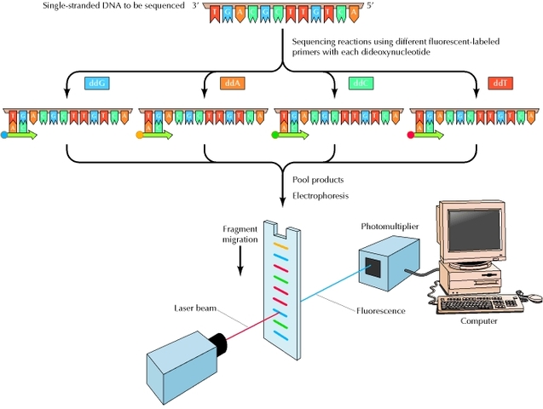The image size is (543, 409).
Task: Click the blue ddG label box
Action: pos(95,84)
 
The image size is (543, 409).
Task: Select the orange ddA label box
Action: pos(232,84)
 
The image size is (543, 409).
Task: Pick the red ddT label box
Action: pos(498,84)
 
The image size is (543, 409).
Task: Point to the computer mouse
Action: pos(534,297)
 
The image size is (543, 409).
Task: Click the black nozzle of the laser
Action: pos(220,343)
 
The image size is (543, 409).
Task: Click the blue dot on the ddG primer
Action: pos(5,135)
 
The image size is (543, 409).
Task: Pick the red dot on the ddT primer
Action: pos(413,135)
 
